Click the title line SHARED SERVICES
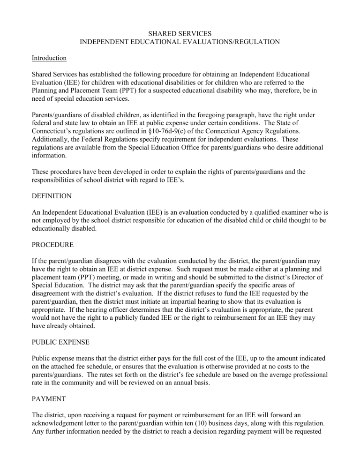180,33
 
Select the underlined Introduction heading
49,58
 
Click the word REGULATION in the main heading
254,42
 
